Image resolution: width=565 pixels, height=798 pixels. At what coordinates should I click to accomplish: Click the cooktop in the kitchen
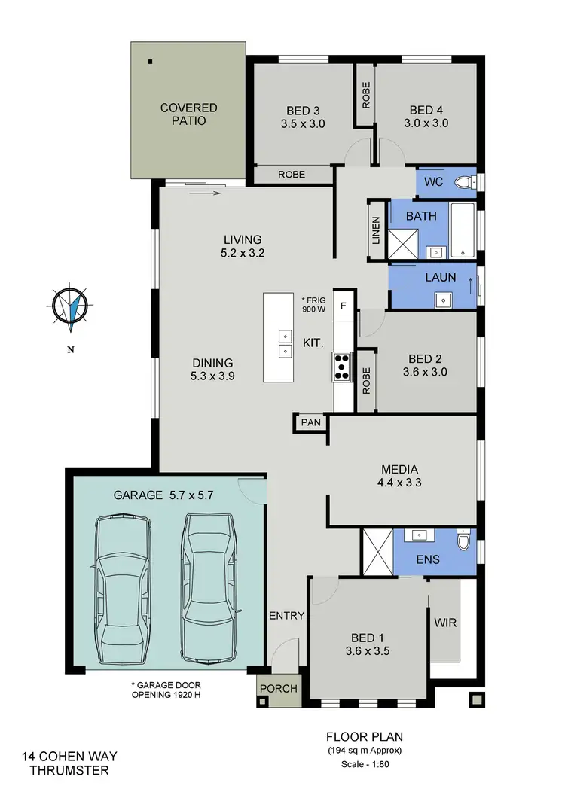(x=343, y=366)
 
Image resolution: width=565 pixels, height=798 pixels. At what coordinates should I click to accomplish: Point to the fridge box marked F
(x=344, y=306)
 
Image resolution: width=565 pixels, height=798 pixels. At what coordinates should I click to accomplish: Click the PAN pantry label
(x=311, y=422)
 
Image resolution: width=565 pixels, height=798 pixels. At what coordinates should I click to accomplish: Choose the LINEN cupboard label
(x=376, y=231)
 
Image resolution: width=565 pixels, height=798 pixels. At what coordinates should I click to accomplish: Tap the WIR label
(x=445, y=624)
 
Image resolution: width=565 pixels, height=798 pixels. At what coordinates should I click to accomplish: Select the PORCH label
(x=279, y=688)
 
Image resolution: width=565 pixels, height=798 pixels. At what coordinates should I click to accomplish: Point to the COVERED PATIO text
(x=188, y=114)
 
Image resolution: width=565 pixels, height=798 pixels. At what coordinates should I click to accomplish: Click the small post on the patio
(x=150, y=61)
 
